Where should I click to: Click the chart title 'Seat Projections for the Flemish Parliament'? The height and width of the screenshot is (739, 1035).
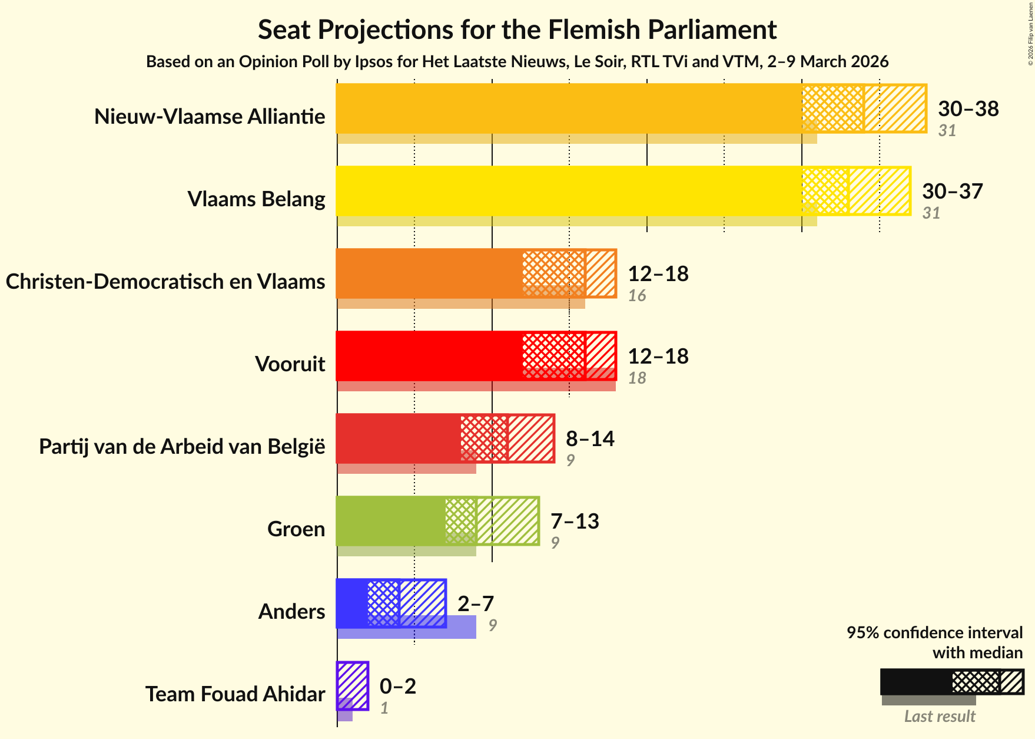click(x=517, y=29)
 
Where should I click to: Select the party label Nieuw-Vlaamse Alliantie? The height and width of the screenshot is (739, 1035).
click(x=210, y=117)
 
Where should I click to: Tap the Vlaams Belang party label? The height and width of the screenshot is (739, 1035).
click(x=256, y=199)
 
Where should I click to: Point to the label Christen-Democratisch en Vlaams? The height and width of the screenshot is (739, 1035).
click(x=165, y=282)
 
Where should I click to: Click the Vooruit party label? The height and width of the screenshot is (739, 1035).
click(x=290, y=364)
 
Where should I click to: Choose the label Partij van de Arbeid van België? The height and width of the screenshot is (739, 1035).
click(x=182, y=447)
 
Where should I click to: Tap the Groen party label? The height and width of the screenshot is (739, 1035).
click(x=296, y=529)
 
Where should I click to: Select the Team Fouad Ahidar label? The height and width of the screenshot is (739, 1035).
click(x=235, y=694)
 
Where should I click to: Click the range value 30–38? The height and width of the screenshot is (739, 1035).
click(x=968, y=108)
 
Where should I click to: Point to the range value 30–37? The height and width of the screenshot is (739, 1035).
click(x=952, y=191)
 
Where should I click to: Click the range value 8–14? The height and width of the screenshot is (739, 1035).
click(x=590, y=438)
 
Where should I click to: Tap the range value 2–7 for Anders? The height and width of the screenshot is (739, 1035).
click(x=476, y=603)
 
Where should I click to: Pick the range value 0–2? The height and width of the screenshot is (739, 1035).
click(x=398, y=686)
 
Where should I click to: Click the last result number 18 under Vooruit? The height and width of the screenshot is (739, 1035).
click(x=637, y=378)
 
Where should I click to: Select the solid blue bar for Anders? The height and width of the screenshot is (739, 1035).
click(x=351, y=603)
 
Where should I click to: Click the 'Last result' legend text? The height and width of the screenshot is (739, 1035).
click(x=940, y=716)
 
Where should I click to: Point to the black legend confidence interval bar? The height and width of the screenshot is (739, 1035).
click(x=916, y=682)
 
